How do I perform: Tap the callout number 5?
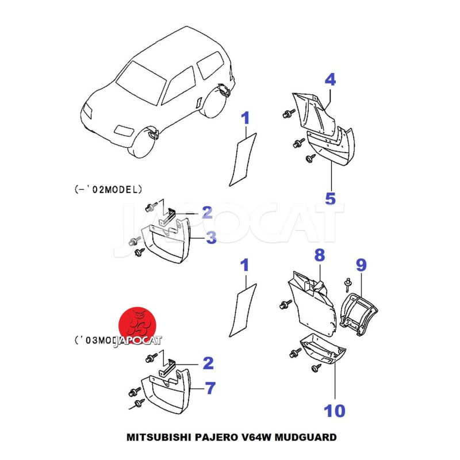tap(330, 198)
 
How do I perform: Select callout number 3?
tap(212, 237)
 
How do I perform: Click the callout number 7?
tap(210, 389)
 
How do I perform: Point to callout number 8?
tap(320, 254)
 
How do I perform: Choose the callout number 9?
tap(361, 265)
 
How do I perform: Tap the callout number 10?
tap(334, 411)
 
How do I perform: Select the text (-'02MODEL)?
tap(108, 188)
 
